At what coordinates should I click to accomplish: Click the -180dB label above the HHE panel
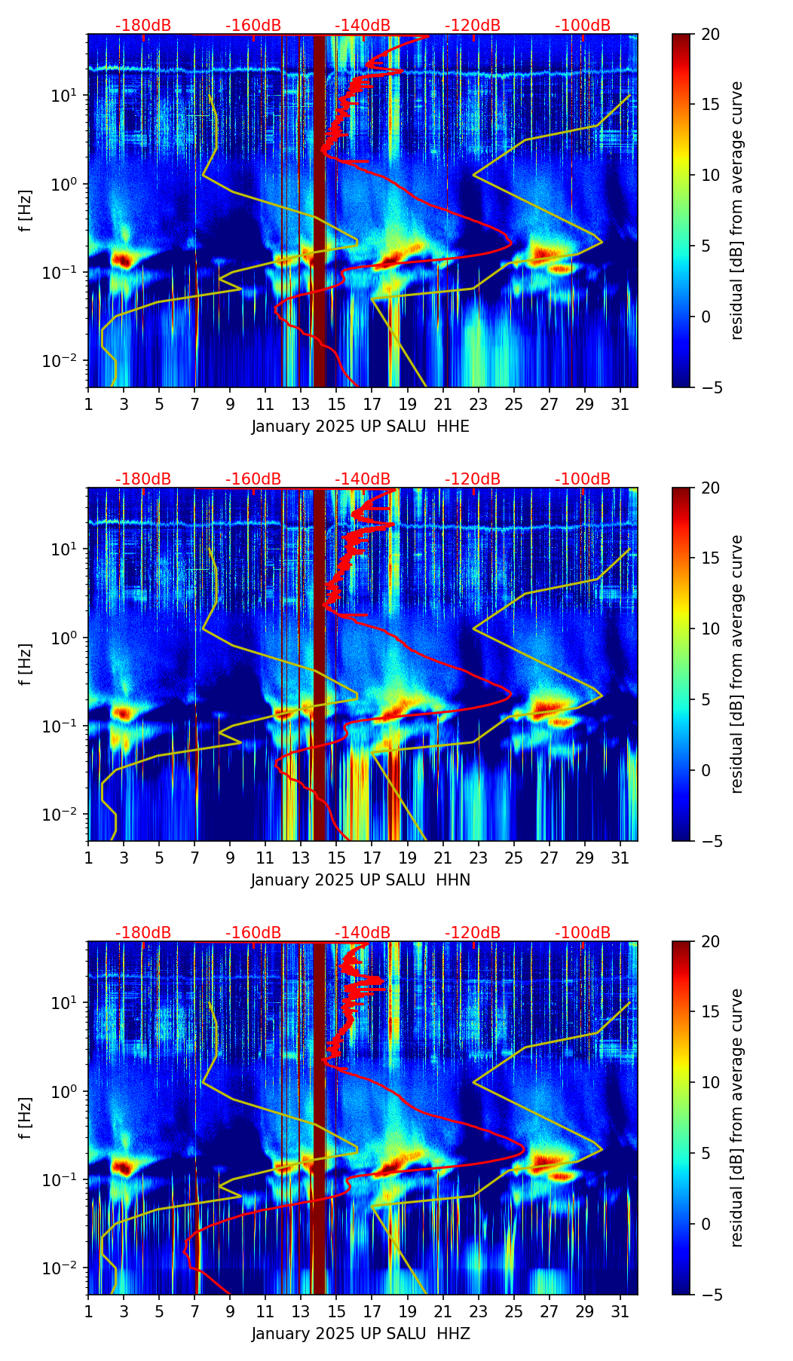click(143, 26)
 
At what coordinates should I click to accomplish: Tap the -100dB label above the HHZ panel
click(583, 933)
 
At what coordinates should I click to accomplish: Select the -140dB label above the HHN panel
click(363, 479)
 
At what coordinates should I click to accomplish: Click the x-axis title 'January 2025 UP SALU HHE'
click(360, 427)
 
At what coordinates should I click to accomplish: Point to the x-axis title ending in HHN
click(360, 880)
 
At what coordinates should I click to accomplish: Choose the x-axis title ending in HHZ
click(360, 1334)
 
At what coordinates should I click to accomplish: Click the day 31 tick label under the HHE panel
click(620, 405)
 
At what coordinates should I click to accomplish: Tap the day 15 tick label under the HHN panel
click(336, 858)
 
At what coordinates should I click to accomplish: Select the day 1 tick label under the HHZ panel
click(88, 1312)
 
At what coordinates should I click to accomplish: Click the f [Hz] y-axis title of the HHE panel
click(26, 210)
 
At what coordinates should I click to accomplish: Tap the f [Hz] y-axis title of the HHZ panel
click(26, 1118)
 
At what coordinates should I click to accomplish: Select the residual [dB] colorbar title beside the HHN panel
click(737, 664)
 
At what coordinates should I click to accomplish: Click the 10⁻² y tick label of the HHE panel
click(66, 361)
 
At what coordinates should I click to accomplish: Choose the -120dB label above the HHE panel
click(473, 26)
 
